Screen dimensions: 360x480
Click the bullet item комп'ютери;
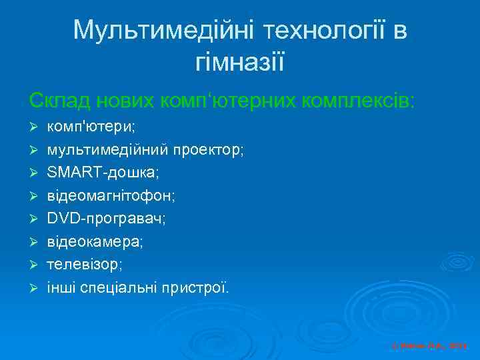coord(91,126)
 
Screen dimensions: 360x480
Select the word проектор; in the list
coord(210,150)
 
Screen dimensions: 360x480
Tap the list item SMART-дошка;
coord(103,173)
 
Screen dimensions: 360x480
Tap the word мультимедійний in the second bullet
coord(109,150)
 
